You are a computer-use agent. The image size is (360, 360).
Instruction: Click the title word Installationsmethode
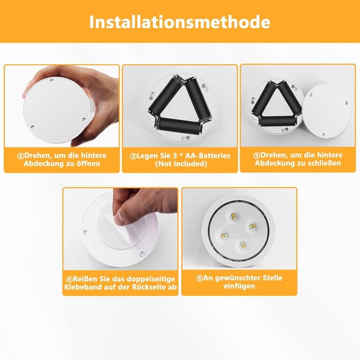click(x=179, y=22)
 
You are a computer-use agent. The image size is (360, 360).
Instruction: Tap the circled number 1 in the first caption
click(x=21, y=156)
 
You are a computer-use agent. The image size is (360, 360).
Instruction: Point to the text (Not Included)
click(x=181, y=164)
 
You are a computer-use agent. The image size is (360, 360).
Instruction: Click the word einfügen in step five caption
click(x=239, y=286)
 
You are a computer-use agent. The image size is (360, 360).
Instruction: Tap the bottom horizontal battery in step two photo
click(x=179, y=125)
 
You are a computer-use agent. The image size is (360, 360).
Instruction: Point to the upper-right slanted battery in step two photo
click(x=198, y=97)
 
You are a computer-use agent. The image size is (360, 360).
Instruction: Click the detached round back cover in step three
click(x=326, y=111)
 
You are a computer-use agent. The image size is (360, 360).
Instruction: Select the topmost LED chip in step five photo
click(x=234, y=216)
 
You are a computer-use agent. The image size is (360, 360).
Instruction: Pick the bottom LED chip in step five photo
click(x=243, y=245)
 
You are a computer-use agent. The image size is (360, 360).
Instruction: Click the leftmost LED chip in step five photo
click(x=224, y=235)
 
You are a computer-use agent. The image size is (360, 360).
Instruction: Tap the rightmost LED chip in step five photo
click(x=253, y=227)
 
